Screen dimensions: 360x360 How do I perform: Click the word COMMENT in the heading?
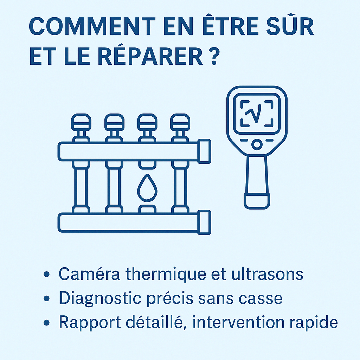coord(92,26)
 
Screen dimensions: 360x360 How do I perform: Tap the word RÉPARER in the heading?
coord(150,57)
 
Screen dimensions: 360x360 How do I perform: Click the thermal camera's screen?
coord(257,114)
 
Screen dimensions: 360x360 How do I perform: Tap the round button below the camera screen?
coord(257,144)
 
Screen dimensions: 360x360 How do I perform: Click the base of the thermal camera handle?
coord(257,201)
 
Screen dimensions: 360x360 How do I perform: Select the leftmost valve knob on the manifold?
coord(81,122)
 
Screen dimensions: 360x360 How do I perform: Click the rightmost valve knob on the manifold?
coord(180,122)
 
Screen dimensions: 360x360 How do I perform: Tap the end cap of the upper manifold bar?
coord(204,151)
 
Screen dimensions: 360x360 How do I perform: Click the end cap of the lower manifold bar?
coord(204,222)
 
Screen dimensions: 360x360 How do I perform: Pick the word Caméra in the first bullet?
coord(89,274)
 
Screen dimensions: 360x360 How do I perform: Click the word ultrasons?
coord(267,274)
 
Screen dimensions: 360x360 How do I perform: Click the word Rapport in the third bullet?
coord(90,322)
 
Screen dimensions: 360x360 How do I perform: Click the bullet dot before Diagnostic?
coord(47,298)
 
